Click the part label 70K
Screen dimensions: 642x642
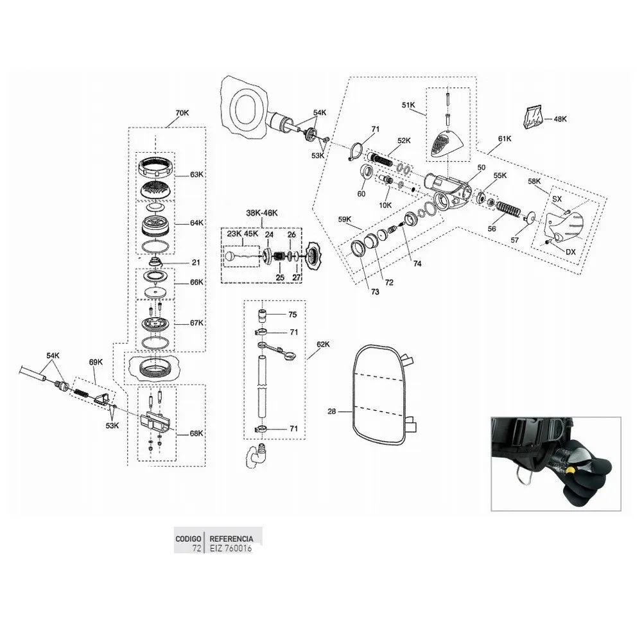182,113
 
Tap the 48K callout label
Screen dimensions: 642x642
560,119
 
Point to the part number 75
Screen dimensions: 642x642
293,315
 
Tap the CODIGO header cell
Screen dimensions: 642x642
189,539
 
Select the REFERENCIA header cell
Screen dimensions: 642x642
231,539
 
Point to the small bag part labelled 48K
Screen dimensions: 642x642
532,117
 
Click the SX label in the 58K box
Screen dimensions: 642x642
557,199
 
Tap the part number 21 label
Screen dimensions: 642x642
196,262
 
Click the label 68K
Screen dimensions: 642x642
196,433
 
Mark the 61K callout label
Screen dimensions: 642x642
504,139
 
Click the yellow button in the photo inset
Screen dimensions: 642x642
568,471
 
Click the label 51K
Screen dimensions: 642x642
409,104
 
